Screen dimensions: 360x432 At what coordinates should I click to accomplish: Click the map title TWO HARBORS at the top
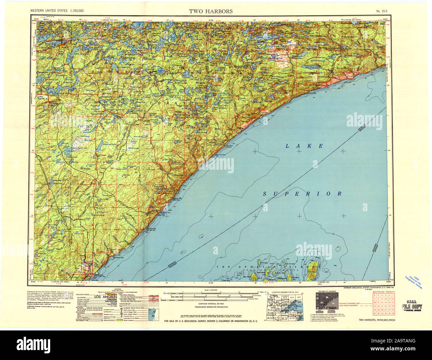coord(211,11)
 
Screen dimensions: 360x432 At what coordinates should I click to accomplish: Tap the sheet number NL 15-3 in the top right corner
coord(384,11)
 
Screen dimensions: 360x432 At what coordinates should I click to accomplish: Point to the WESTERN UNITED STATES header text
coord(57,11)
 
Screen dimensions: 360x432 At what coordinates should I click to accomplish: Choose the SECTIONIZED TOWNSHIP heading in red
coord(383,291)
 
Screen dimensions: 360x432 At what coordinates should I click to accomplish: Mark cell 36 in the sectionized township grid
coord(393,313)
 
